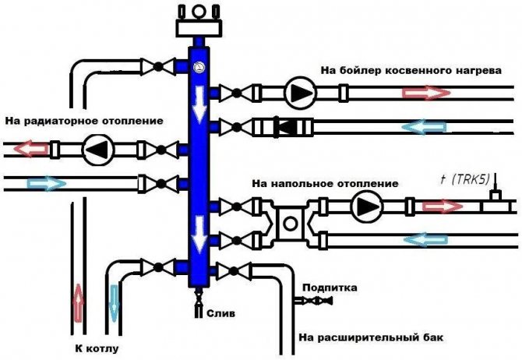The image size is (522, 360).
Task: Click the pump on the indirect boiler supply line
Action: coord(297,93)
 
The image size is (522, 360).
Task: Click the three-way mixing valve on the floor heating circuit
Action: coord(290,222)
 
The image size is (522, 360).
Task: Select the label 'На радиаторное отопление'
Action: coord(84,122)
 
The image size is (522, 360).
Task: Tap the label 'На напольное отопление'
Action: coord(325,183)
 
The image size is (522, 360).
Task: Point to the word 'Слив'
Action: coord(219,312)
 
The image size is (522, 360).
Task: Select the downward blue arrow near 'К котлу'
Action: coord(114,302)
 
